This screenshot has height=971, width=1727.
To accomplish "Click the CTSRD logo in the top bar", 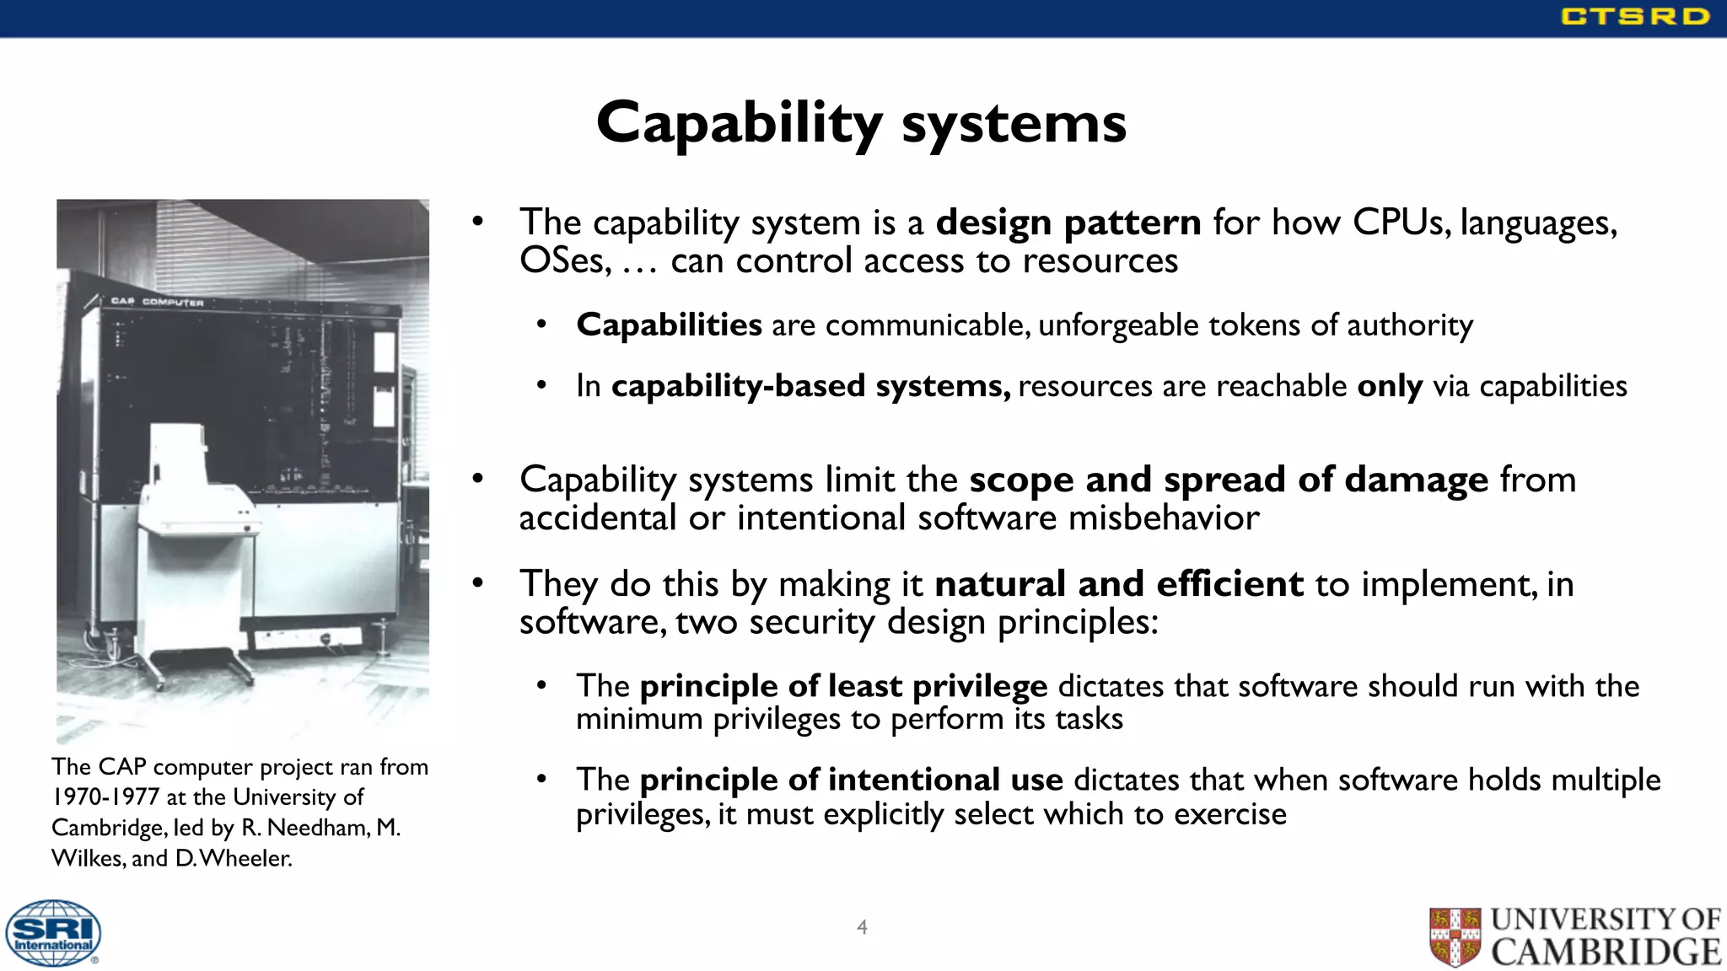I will click(x=1634, y=16).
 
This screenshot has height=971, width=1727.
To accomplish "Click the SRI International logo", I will click(x=53, y=933).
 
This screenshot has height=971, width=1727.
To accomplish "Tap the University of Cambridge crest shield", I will click(x=1455, y=936).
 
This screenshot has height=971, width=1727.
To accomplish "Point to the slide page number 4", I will click(x=862, y=927).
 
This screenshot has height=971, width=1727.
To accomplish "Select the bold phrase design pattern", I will click(x=1068, y=223).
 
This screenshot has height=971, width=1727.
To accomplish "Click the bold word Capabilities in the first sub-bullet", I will click(x=669, y=325).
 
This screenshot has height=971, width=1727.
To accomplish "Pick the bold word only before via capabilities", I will click(x=1390, y=386).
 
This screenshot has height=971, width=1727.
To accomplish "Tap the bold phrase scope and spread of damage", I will click(x=1229, y=480).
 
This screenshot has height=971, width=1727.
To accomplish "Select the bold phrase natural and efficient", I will click(x=1119, y=584).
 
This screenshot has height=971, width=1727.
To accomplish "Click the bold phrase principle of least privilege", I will click(x=843, y=686).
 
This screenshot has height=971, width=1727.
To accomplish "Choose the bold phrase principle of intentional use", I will click(x=851, y=780).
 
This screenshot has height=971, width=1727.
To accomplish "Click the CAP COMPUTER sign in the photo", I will click(x=158, y=301).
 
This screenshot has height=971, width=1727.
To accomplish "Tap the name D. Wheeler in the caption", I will click(x=234, y=858).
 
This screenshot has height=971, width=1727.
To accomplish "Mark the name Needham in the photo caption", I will click(x=318, y=828).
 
